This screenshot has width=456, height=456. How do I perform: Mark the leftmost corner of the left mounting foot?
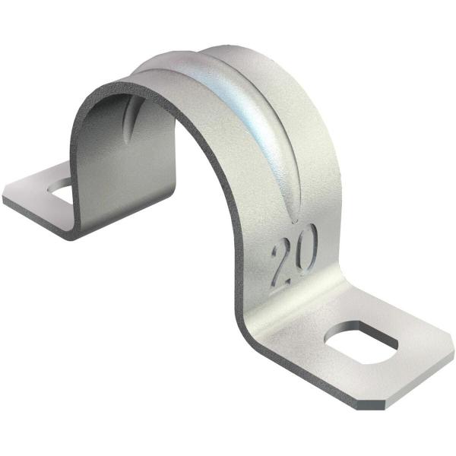[x=4, y=199]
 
